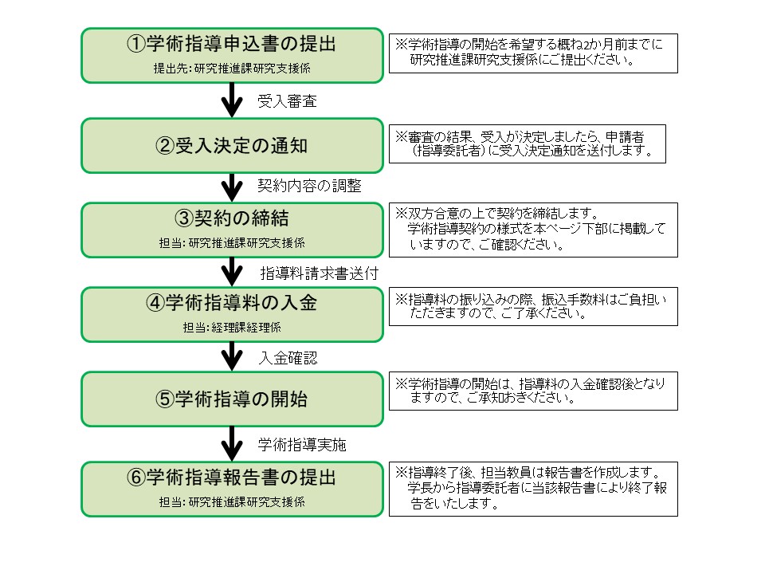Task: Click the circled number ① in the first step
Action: tap(136, 44)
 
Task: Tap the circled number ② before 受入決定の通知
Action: tap(165, 145)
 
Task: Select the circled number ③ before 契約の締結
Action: tap(184, 218)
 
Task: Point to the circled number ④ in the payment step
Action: tap(155, 303)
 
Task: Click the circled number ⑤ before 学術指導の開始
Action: tap(165, 399)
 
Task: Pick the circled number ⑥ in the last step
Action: tap(136, 477)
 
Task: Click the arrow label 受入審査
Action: tap(288, 101)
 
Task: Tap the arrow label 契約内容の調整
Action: tap(309, 186)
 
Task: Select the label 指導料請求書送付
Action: tap(320, 273)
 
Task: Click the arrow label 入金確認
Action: tap(288, 358)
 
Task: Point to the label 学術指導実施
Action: tap(302, 444)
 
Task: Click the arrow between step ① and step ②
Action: tap(232, 100)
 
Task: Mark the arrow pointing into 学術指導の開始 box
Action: tap(232, 356)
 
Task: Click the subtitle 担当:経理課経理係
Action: tap(232, 328)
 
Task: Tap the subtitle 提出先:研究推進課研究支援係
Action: tap(232, 69)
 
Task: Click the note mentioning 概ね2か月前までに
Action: tap(533, 53)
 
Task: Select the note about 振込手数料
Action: tap(533, 306)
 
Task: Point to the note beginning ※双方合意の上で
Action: tap(533, 230)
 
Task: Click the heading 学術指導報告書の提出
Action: tap(241, 477)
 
